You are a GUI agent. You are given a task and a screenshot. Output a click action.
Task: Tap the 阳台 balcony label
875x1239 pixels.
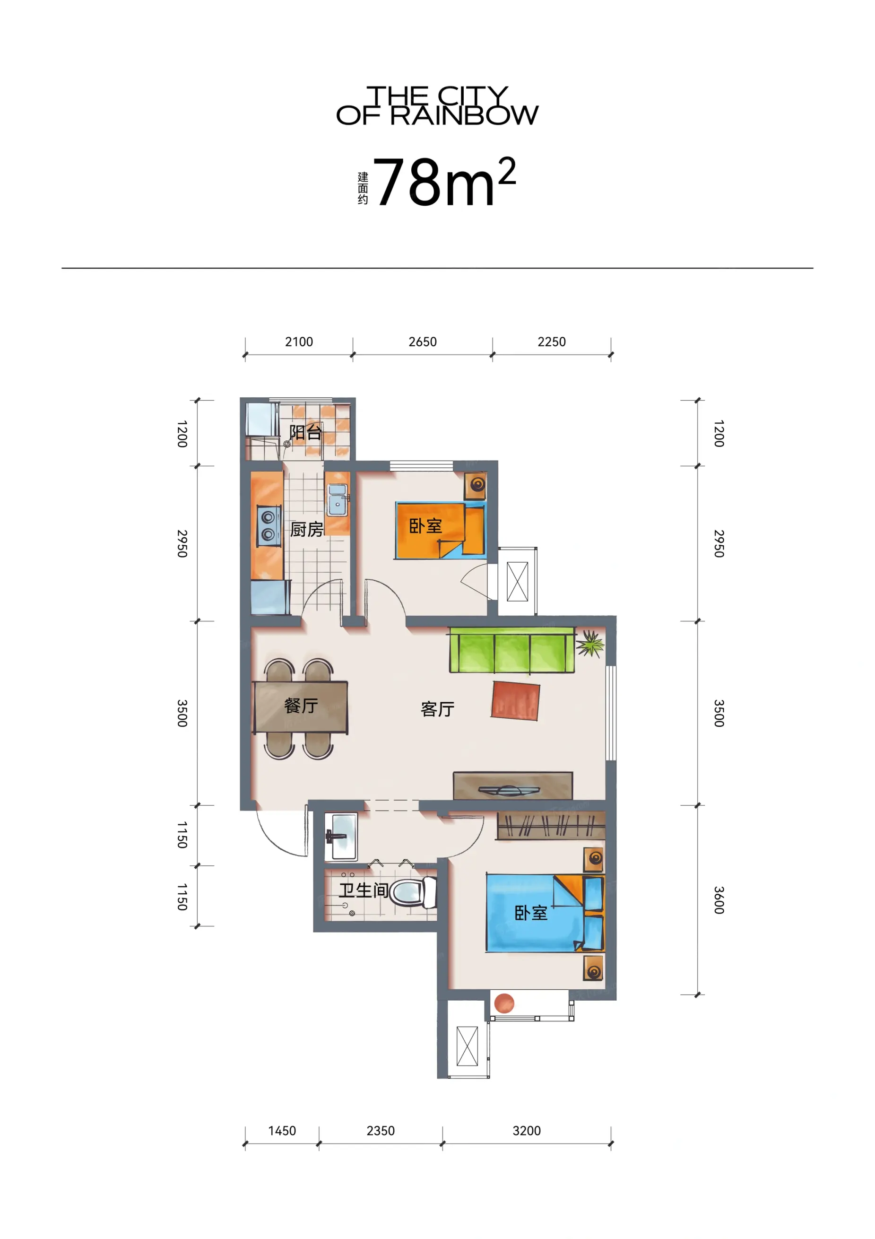pyautogui.click(x=305, y=432)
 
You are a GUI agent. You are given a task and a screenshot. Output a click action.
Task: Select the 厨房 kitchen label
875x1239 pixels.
pyautogui.click(x=306, y=529)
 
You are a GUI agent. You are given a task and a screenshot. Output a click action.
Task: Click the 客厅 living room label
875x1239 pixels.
pyautogui.click(x=438, y=709)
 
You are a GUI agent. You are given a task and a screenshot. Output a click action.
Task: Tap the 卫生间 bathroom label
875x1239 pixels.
pyautogui.click(x=364, y=890)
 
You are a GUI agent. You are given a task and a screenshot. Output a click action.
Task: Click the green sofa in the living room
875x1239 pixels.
pyautogui.click(x=512, y=650)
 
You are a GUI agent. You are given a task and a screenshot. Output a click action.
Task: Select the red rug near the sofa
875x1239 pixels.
pyautogui.click(x=516, y=700)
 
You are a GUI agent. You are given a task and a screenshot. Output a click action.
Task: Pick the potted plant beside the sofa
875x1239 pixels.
pyautogui.click(x=590, y=643)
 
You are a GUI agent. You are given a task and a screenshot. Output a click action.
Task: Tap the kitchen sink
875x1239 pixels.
pyautogui.click(x=338, y=500)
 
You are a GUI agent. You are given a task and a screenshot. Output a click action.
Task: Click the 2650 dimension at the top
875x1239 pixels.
pyautogui.click(x=423, y=341)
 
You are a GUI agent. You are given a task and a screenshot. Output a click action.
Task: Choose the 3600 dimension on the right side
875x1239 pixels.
pyautogui.click(x=719, y=900)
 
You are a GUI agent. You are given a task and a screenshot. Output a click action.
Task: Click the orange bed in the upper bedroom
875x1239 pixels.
pyautogui.click(x=440, y=531)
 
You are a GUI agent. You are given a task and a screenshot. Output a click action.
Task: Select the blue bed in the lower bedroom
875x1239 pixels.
pyautogui.click(x=545, y=913)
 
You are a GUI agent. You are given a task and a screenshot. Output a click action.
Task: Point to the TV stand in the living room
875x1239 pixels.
pyautogui.click(x=512, y=785)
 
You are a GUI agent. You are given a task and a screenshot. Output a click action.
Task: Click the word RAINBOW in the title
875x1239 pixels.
pyautogui.click(x=464, y=115)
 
